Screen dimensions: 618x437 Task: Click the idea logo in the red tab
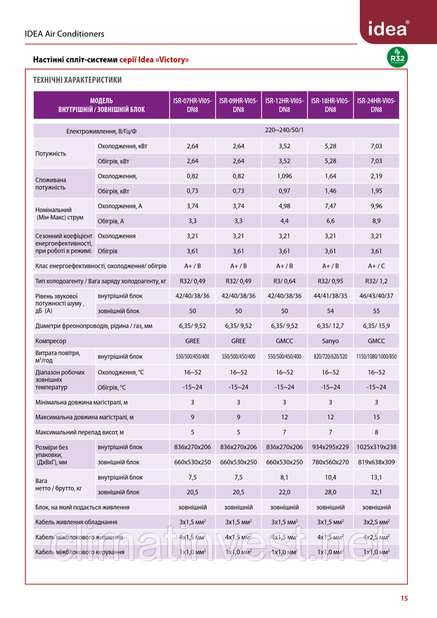pos(390,29)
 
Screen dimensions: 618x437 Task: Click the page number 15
pos(404,599)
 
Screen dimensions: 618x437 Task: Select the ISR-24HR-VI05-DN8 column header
pos(376,105)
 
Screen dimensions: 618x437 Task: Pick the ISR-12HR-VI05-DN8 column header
pos(285,105)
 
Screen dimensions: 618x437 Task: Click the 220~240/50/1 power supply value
pos(284,130)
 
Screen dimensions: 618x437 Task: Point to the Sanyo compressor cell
pos(330,341)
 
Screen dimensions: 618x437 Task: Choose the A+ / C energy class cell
pos(376,266)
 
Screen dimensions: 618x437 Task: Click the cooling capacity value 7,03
pos(376,146)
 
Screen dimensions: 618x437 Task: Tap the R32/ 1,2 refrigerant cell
pos(376,281)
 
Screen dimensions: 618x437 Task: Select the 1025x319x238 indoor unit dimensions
pos(376,447)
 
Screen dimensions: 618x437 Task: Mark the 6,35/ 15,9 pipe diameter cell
pos(376,326)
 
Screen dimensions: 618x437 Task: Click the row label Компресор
pos(51,341)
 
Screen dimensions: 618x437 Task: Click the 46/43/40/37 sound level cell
pos(376,296)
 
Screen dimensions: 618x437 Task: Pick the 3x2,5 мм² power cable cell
pos(376,522)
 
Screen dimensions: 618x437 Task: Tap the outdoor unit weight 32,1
pos(376,492)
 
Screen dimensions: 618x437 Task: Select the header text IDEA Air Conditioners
pos(64,33)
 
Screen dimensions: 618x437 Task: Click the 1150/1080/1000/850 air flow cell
pos(376,356)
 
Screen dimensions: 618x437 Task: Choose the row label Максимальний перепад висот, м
pos(79,432)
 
